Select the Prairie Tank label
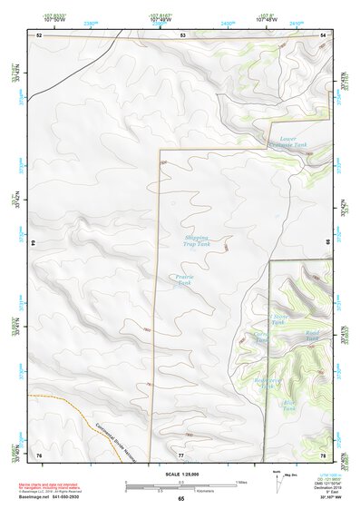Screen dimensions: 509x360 coord(185,281)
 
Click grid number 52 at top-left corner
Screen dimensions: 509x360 coord(39,34)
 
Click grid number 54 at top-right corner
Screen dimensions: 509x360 coord(324,34)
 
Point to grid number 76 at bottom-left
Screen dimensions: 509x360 coord(39,453)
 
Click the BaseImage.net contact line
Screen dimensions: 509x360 coord(55,498)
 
